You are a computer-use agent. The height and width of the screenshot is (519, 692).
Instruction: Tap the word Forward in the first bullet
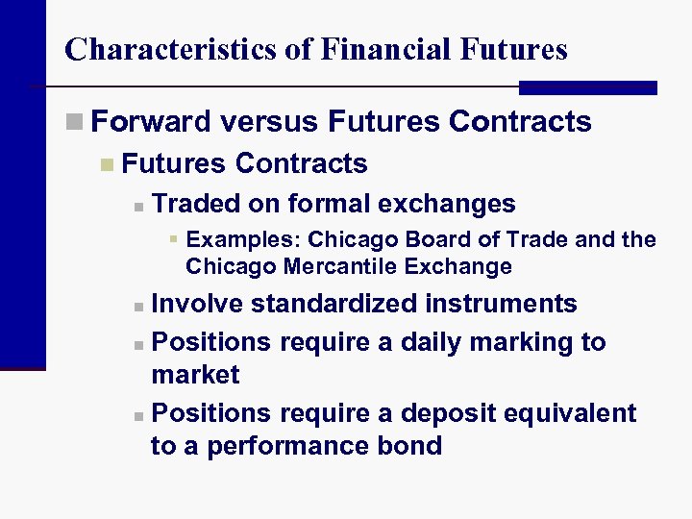(151, 122)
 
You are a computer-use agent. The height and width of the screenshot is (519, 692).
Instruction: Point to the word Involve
(198, 305)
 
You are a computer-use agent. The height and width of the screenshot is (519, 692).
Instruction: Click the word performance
(278, 447)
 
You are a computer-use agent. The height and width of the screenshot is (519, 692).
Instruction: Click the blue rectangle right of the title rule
(587, 87)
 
